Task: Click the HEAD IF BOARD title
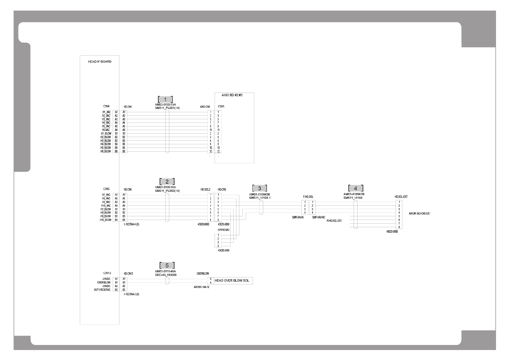coord(99,62)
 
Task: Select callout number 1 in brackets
coord(165,100)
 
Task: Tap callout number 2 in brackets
coord(167,182)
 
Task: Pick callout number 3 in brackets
coord(259,188)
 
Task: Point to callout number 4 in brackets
coord(355,188)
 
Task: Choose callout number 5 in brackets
coord(167,266)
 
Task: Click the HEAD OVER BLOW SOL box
coord(232,281)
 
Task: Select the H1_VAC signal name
coord(106,112)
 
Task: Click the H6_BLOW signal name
coord(106,151)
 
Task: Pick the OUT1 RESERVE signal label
coord(102,290)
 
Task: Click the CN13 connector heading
coord(107,273)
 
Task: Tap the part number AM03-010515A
coord(165,105)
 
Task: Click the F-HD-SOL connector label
coord(308,197)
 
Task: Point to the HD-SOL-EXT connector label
coord(401,197)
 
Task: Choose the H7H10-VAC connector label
coord(224,230)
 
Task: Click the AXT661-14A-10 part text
coord(201,287)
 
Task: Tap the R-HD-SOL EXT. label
coord(334,221)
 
